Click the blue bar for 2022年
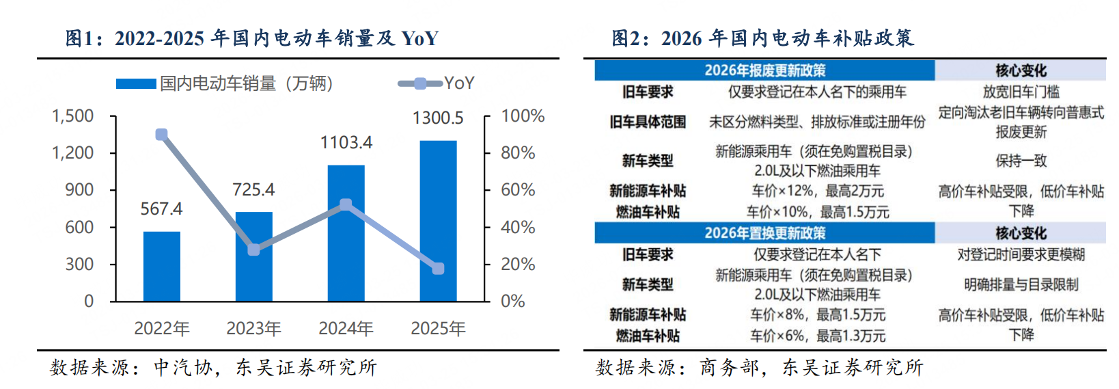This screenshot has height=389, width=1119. coord(161,267)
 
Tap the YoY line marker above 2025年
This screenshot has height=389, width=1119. coord(438,269)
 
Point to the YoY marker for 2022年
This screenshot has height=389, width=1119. coord(161,135)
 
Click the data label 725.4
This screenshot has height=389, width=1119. coord(253,189)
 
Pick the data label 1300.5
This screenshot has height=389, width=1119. coord(438,118)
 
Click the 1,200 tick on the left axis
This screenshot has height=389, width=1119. coord(73,152)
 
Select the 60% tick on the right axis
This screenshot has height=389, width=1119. coord(518,189)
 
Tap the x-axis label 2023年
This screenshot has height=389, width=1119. coord(253,329)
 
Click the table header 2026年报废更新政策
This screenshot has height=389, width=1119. coord(764,70)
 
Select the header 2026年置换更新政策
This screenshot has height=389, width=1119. coord(764,233)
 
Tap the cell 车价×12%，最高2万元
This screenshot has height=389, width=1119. coord(817,191)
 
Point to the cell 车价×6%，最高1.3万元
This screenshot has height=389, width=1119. coord(817,336)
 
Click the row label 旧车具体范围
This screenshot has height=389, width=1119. coord(648,122)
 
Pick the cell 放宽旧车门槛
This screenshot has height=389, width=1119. coord(1021,92)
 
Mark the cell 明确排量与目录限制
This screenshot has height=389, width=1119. coord(1021,284)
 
